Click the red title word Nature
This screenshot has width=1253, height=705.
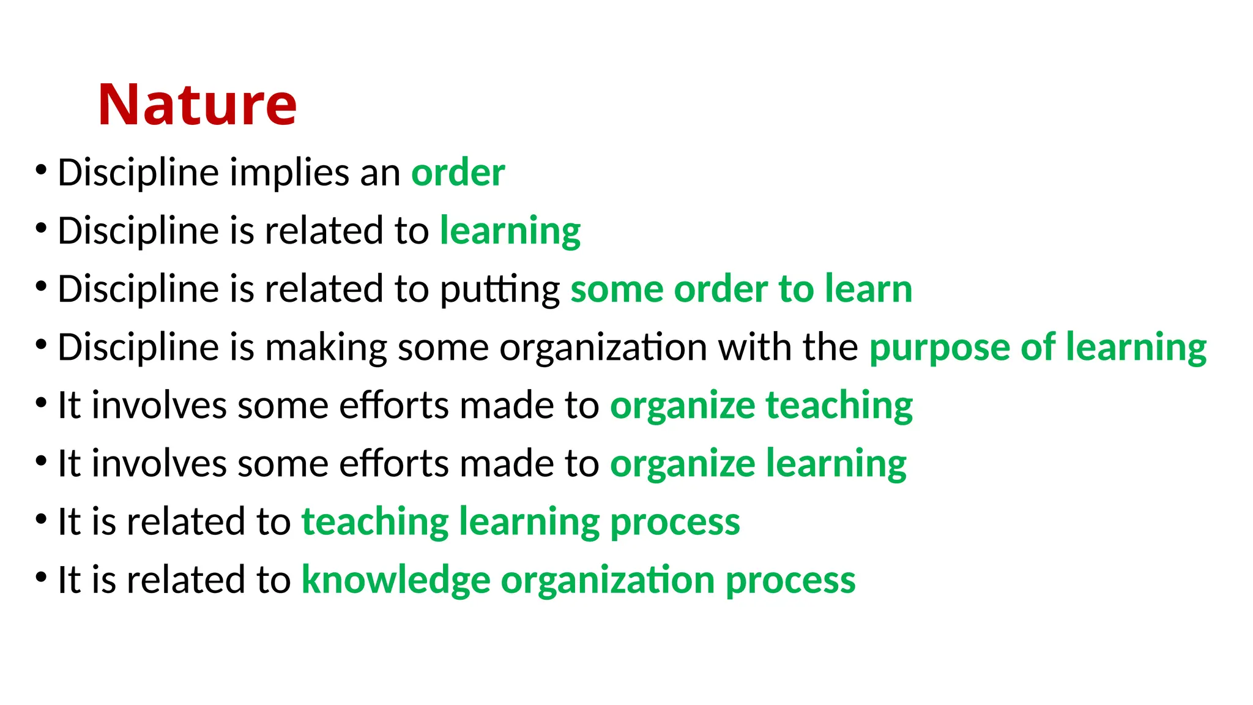(197, 105)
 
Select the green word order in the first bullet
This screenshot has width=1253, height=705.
(458, 173)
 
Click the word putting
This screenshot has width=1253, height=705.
(500, 289)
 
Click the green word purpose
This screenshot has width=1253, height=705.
(939, 348)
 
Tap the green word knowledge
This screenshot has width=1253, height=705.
(396, 580)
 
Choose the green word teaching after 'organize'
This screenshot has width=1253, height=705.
(839, 406)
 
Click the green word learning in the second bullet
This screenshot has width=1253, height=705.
(510, 232)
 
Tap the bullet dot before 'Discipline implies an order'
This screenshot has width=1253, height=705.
(41, 170)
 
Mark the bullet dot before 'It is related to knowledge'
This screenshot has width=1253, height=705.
(41, 576)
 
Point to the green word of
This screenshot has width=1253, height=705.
(1038, 347)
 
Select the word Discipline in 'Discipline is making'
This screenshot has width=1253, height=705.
(138, 348)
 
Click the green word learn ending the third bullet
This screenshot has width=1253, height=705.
(868, 289)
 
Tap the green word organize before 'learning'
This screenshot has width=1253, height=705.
(682, 464)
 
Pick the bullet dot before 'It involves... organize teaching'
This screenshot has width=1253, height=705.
(41, 402)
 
